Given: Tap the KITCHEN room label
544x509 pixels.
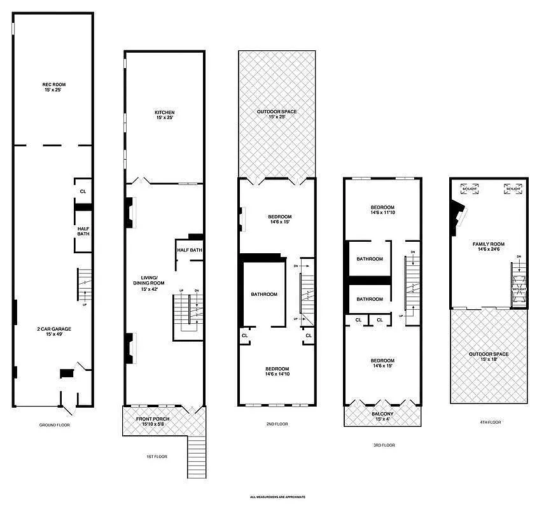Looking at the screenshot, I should [x=164, y=115].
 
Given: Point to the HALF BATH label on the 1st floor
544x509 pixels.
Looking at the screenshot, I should [x=189, y=250].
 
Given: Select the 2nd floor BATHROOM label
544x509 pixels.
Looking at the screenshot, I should [x=263, y=294].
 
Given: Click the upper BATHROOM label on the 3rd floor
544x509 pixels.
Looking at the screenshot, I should [x=369, y=259].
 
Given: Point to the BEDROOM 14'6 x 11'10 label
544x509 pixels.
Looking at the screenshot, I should [x=382, y=211].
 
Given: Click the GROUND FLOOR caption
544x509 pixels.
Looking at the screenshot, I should [x=54, y=424].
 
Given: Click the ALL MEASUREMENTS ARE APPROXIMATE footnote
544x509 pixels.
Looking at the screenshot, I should [x=277, y=497].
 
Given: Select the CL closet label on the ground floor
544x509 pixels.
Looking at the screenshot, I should [x=83, y=191].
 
